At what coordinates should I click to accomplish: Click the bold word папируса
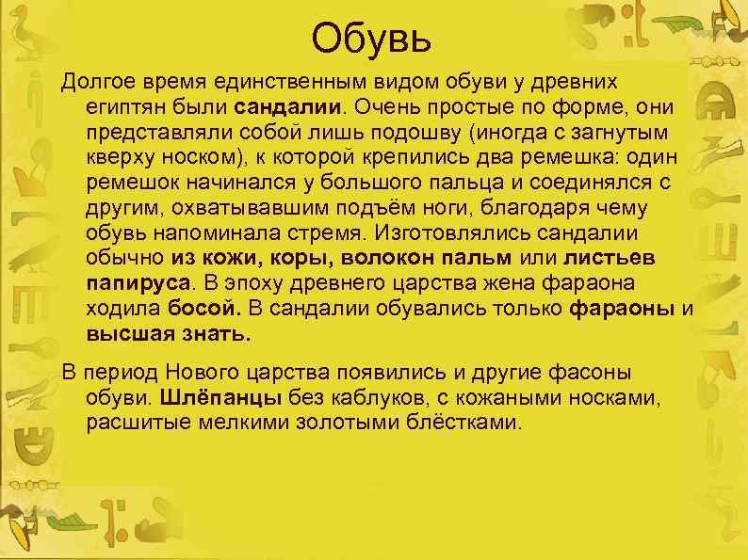point(138,282)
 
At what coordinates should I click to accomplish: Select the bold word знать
point(214,333)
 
